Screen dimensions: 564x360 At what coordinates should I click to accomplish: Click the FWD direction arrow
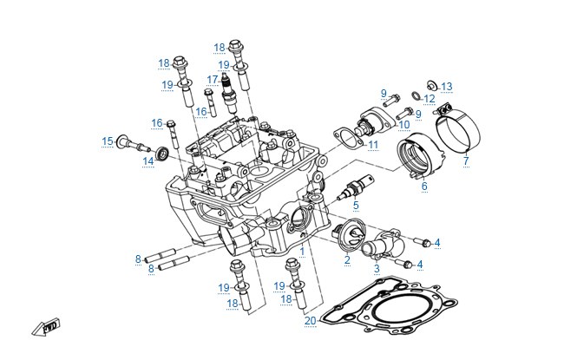click(46, 327)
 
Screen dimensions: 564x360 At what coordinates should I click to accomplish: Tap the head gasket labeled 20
click(390, 305)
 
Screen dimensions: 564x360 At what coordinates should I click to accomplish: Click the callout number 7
click(466, 160)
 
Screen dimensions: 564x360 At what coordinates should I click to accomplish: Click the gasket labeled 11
click(349, 139)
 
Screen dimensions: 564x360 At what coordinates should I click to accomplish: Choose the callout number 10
click(404, 125)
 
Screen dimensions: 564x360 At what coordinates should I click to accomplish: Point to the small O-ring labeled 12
click(416, 96)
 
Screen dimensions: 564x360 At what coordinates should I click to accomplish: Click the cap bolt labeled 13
click(431, 86)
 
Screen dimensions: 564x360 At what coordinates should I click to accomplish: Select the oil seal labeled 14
click(162, 154)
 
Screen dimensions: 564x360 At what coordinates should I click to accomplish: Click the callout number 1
click(302, 252)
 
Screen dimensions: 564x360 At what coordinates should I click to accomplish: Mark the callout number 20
click(311, 321)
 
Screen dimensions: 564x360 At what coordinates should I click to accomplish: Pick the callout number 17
click(213, 80)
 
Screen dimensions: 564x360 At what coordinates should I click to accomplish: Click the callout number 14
click(148, 161)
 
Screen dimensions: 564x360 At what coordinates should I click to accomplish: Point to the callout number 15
click(108, 141)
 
